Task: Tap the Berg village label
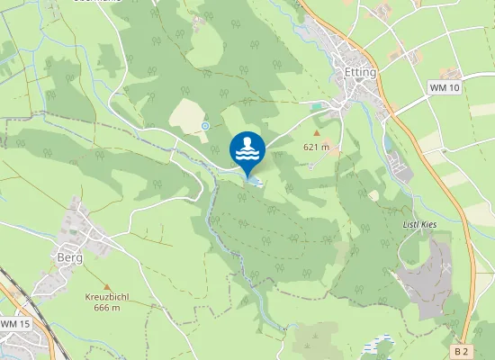[x=69, y=257]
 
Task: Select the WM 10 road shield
[x=445, y=87]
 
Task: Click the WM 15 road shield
[x=14, y=323]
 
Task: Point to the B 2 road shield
[x=462, y=350]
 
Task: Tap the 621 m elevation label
[x=316, y=146]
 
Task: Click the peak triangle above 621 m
[x=316, y=132]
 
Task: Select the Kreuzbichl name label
[x=108, y=297]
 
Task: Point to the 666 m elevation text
[x=107, y=308]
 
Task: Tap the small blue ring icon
[x=205, y=126]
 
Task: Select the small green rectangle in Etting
[x=316, y=106]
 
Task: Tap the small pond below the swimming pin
[x=254, y=183]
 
